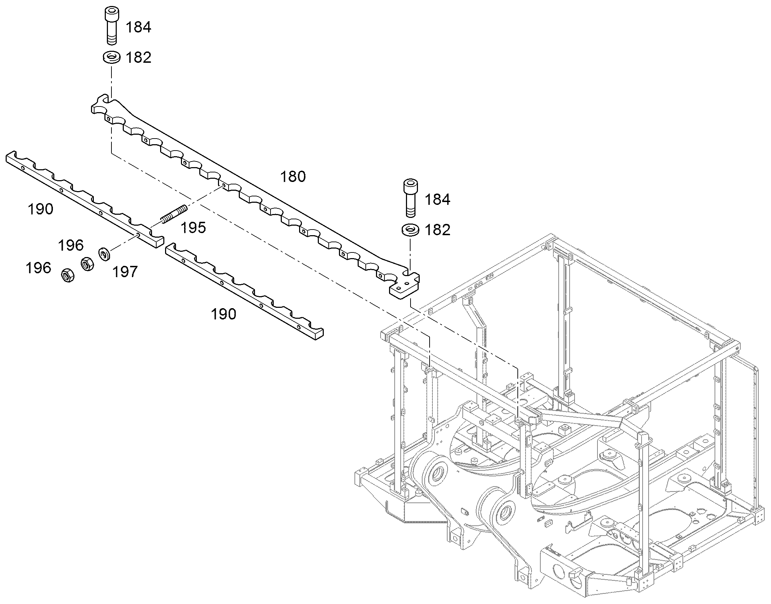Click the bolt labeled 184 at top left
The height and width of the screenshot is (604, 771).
pyautogui.click(x=111, y=26)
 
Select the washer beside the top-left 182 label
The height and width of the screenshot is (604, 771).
pyautogui.click(x=111, y=57)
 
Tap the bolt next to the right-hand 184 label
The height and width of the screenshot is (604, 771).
pyautogui.click(x=410, y=198)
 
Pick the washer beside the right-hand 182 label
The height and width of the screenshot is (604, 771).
pyautogui.click(x=411, y=230)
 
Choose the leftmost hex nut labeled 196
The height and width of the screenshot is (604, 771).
pyautogui.click(x=68, y=275)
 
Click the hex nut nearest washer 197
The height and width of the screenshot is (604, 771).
pyautogui.click(x=87, y=264)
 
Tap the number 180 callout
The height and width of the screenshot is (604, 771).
pyautogui.click(x=293, y=176)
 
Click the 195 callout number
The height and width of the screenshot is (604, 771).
pyautogui.click(x=193, y=228)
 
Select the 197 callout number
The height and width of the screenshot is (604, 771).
pyautogui.click(x=125, y=272)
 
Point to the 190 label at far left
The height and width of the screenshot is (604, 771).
pyautogui.click(x=41, y=209)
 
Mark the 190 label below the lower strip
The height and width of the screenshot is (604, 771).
pyautogui.click(x=224, y=314)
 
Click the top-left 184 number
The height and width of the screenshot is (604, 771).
pyautogui.click(x=139, y=27)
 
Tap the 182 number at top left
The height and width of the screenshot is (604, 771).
pyautogui.click(x=139, y=57)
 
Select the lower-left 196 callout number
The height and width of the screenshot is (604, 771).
pyautogui.click(x=38, y=268)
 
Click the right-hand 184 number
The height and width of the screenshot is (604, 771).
pyautogui.click(x=437, y=200)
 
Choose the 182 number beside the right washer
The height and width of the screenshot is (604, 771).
pyautogui.click(x=437, y=230)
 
